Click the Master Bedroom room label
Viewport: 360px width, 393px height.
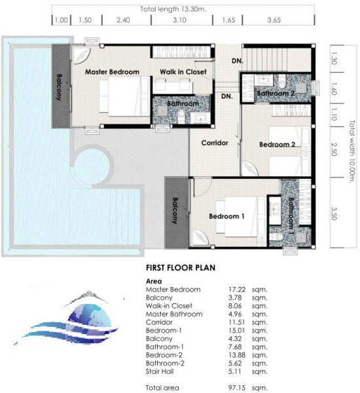click(112, 72)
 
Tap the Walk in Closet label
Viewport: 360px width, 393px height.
click(183, 72)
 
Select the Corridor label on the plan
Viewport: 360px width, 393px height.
click(215, 143)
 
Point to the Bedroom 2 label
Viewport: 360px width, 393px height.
click(277, 144)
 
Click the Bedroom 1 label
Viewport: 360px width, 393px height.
click(226, 216)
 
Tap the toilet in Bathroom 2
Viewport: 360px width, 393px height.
click(282, 82)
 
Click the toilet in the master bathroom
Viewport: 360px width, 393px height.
click(181, 117)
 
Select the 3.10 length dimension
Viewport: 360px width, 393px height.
click(179, 20)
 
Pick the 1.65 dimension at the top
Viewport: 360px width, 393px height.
click(228, 20)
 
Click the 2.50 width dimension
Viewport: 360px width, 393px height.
click(334, 149)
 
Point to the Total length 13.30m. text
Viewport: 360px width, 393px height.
click(173, 9)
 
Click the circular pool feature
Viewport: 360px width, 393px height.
click(92, 166)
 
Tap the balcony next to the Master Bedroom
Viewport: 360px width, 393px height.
click(61, 86)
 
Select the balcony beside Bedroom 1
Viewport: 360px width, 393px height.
click(177, 212)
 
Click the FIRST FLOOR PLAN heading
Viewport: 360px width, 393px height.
click(181, 268)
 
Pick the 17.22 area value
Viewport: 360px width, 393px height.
click(237, 290)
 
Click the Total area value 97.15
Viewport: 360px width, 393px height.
click(237, 388)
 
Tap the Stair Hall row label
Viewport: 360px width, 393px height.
click(160, 371)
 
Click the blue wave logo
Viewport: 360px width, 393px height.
click(65, 320)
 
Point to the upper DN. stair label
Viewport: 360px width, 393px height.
click(237, 61)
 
